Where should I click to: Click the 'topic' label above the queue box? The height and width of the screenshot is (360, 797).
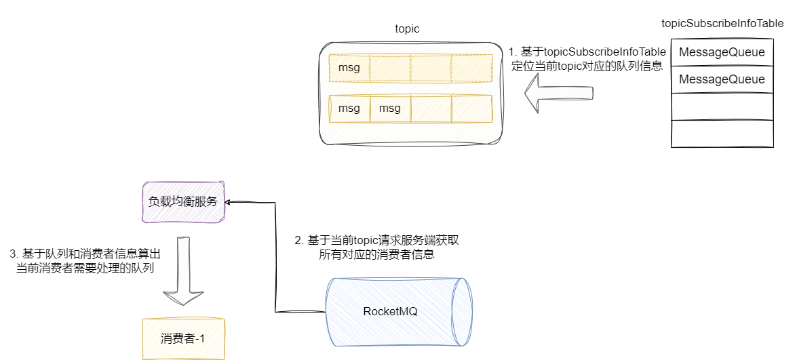tap(407, 29)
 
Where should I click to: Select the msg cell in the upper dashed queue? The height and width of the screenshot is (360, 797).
tap(349, 68)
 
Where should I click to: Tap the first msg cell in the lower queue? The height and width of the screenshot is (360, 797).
tap(349, 108)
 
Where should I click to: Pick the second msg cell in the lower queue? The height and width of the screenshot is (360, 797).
tap(390, 108)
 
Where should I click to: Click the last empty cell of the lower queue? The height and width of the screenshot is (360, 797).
tap(471, 108)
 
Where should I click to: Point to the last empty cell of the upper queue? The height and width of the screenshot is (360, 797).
tap(471, 68)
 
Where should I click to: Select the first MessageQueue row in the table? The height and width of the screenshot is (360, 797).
tap(722, 52)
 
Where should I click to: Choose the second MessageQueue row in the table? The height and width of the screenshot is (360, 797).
tap(722, 79)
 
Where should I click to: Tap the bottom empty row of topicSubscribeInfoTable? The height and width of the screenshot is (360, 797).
tap(722, 134)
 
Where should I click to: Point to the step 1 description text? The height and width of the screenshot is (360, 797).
tap(585, 59)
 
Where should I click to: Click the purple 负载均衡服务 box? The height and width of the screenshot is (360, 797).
tap(183, 202)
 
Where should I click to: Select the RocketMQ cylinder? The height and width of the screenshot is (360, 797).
tap(399, 312)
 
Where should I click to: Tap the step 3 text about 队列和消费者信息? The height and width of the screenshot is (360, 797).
tap(85, 261)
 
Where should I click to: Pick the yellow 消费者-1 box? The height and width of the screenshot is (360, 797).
tap(183, 338)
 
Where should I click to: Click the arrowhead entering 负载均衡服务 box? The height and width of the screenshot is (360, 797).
tap(229, 202)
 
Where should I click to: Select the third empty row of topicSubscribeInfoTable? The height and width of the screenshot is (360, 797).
tap(722, 106)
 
